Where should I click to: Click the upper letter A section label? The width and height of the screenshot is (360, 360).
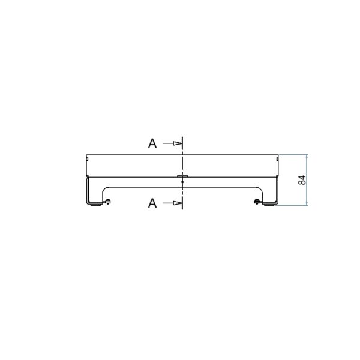point(152,143)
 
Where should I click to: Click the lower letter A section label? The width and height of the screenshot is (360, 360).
point(152,203)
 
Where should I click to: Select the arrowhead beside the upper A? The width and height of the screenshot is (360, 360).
point(177,143)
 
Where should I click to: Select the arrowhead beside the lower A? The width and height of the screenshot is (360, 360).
point(177,203)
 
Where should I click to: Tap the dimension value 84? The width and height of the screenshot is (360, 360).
point(302,180)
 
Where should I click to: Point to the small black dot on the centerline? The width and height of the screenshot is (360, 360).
point(182,182)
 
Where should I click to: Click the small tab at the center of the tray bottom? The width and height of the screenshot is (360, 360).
point(182,176)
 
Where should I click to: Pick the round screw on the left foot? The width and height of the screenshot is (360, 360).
point(107,202)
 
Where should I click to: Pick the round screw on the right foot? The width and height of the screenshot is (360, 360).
point(257,202)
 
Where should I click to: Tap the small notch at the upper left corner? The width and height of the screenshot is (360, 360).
point(87,158)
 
